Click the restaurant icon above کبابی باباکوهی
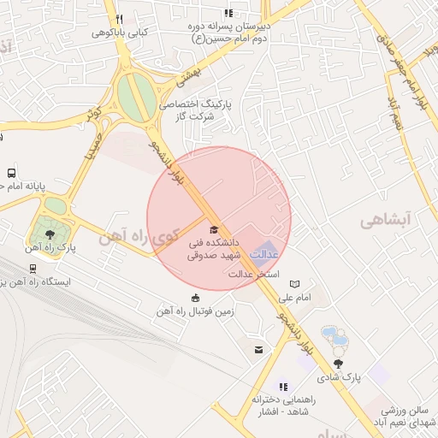(119, 19)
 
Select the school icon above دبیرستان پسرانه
(228, 13)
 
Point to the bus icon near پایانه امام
(11, 172)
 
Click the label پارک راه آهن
(50, 248)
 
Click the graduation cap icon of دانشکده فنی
(213, 229)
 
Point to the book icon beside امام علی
(295, 283)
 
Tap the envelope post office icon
(258, 349)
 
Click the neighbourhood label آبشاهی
(386, 221)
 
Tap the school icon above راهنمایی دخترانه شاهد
(282, 387)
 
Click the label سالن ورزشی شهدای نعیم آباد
(405, 417)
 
